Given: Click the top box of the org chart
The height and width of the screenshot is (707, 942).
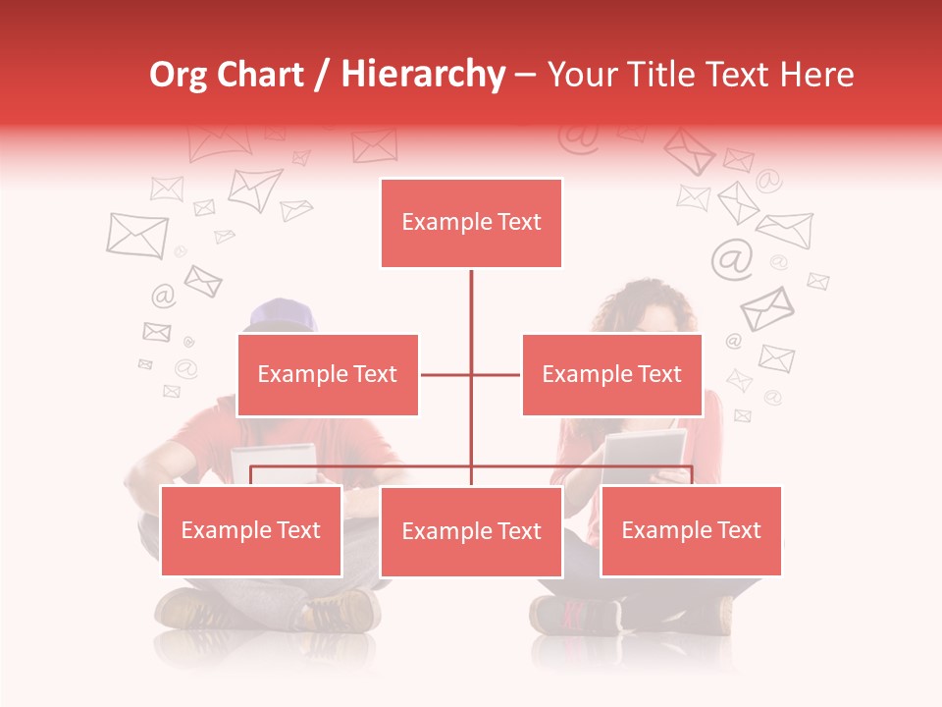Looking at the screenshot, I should coord(471,223).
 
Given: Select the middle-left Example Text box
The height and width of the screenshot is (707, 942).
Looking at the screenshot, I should coord(328,374).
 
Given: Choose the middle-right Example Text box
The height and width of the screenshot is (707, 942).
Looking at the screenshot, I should coord(611,374).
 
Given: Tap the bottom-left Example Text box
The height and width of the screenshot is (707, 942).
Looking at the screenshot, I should coord(251,530).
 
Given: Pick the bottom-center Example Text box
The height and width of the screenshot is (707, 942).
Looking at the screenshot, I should coord(471,531).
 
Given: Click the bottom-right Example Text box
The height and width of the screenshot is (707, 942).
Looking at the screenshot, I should coord(691,530).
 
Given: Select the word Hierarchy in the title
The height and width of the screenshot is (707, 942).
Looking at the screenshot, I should coord(422,75).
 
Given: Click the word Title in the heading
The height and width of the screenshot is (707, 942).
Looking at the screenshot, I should coord(665,75).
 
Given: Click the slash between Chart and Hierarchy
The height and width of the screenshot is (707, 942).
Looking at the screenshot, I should coord(322,76).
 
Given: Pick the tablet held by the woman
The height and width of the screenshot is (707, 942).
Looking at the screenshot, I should coord(644,450).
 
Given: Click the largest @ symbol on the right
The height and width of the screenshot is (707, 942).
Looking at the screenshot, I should coord(731,258).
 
